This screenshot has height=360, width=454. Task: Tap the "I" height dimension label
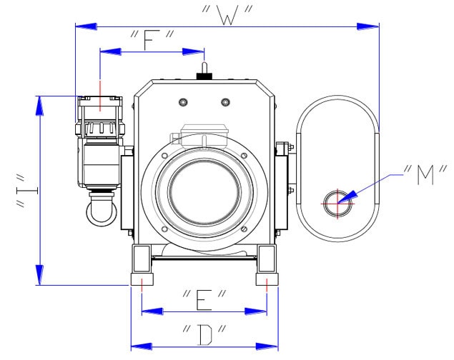[x=23, y=190]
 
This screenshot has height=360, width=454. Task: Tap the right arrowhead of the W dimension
[x=370, y=26]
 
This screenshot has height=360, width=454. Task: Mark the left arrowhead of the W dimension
[x=84, y=26]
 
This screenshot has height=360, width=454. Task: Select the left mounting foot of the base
[x=141, y=265]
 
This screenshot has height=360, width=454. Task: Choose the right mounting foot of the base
[x=267, y=265]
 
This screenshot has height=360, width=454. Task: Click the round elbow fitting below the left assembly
[x=99, y=211]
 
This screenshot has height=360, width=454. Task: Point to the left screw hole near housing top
[x=183, y=101]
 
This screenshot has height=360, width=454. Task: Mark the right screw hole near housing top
[x=225, y=101]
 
